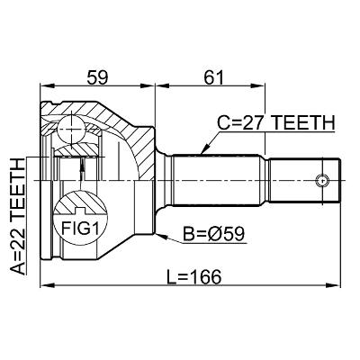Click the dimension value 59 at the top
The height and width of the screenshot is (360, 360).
click(98, 78)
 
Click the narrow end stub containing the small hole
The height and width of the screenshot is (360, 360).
click(310, 179)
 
